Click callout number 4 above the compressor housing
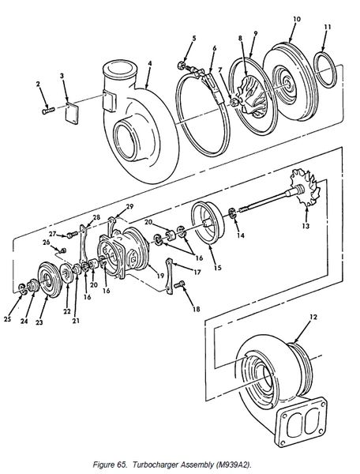(x=150, y=63)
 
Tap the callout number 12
(x=313, y=317)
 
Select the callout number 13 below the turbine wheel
(x=306, y=225)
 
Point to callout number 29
(x=129, y=207)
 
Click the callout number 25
(x=8, y=319)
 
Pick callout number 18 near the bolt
(x=197, y=309)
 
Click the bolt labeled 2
(x=48, y=111)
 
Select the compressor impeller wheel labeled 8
(x=252, y=96)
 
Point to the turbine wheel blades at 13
(x=303, y=191)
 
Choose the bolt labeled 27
(x=72, y=235)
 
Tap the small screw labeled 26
(x=63, y=250)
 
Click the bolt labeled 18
(x=180, y=284)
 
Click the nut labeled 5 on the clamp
(x=182, y=65)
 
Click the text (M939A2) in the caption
(x=234, y=464)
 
